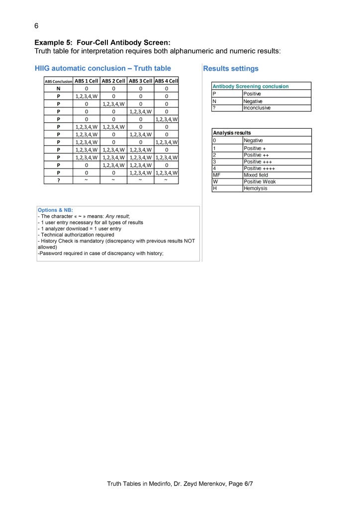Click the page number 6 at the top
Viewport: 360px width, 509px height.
click(36, 25)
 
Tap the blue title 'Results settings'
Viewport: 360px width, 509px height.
click(231, 69)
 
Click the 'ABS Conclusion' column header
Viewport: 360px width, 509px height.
click(59, 81)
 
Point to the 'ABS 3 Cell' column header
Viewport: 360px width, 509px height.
click(140, 81)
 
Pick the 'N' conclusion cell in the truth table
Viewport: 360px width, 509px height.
click(59, 88)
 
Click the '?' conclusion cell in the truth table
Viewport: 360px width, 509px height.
click(59, 180)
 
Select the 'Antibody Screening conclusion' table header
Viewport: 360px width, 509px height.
click(251, 86)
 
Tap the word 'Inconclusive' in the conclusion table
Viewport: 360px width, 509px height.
click(257, 108)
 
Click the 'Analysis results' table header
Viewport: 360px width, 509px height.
click(232, 133)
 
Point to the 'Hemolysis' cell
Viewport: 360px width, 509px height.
click(255, 188)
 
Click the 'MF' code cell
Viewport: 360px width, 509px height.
click(216, 175)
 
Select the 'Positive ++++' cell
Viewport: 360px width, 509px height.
click(260, 168)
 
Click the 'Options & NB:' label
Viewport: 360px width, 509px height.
click(55, 210)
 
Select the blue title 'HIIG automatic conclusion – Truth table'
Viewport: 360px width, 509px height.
click(103, 69)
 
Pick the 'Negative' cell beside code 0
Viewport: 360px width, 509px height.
click(254, 141)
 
